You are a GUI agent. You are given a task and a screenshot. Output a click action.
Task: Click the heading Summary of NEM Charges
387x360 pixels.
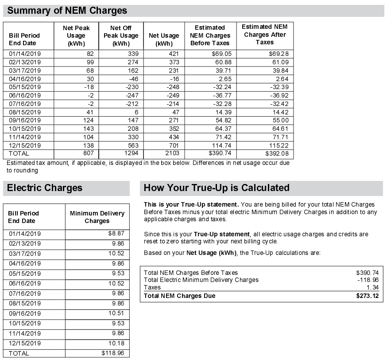[x=67, y=11]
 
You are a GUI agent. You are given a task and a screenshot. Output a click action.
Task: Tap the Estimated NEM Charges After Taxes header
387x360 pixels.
[x=264, y=35]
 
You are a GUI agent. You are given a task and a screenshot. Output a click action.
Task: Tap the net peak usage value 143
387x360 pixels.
[x=88, y=129]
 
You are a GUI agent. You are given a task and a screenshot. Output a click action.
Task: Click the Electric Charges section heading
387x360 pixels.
[x=45, y=188]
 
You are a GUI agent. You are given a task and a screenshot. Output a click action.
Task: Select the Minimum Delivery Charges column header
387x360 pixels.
[x=97, y=217]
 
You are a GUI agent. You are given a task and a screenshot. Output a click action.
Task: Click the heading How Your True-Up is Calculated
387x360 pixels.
[x=217, y=188]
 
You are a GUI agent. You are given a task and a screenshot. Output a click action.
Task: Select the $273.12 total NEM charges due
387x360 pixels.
[x=367, y=296]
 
